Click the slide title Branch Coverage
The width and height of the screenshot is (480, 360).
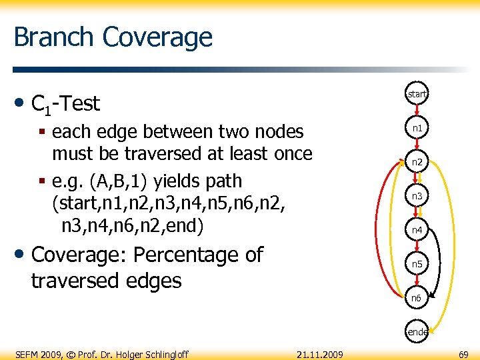coord(113,37)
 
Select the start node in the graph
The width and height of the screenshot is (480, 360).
coord(417,94)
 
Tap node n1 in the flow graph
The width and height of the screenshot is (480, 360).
coord(417,127)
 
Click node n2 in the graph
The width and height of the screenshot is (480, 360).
coord(417,162)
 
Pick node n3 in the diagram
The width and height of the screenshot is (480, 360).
coord(417,196)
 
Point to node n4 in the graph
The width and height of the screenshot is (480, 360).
coord(417,230)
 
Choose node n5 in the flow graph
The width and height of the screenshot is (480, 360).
coord(417,264)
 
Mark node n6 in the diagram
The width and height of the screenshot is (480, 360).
coord(417,298)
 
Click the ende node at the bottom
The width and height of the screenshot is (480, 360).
coord(417,332)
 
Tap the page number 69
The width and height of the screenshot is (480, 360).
coord(465,354)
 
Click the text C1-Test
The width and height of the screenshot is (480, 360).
coord(65,104)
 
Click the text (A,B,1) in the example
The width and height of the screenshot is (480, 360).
coord(121,181)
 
